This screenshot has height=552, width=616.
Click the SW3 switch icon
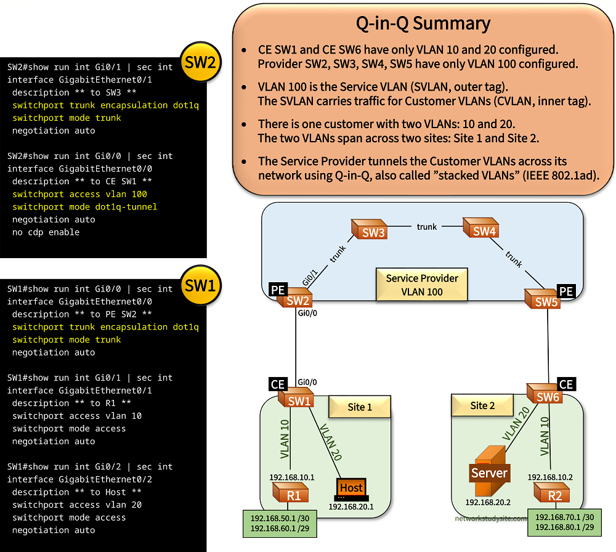click(x=368, y=231)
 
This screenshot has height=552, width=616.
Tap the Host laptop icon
click(x=351, y=489)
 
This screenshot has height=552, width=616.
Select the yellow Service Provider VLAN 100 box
click(x=422, y=285)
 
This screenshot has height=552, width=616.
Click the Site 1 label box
click(x=360, y=407)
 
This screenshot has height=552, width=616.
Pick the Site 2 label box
click(x=482, y=405)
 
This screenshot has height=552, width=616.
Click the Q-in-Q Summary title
click(x=423, y=23)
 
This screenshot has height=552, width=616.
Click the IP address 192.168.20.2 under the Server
click(x=487, y=502)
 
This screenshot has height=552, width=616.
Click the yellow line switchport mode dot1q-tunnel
click(x=84, y=206)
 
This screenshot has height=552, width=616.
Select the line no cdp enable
click(x=46, y=232)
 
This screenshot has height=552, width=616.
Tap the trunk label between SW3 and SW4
click(x=426, y=227)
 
